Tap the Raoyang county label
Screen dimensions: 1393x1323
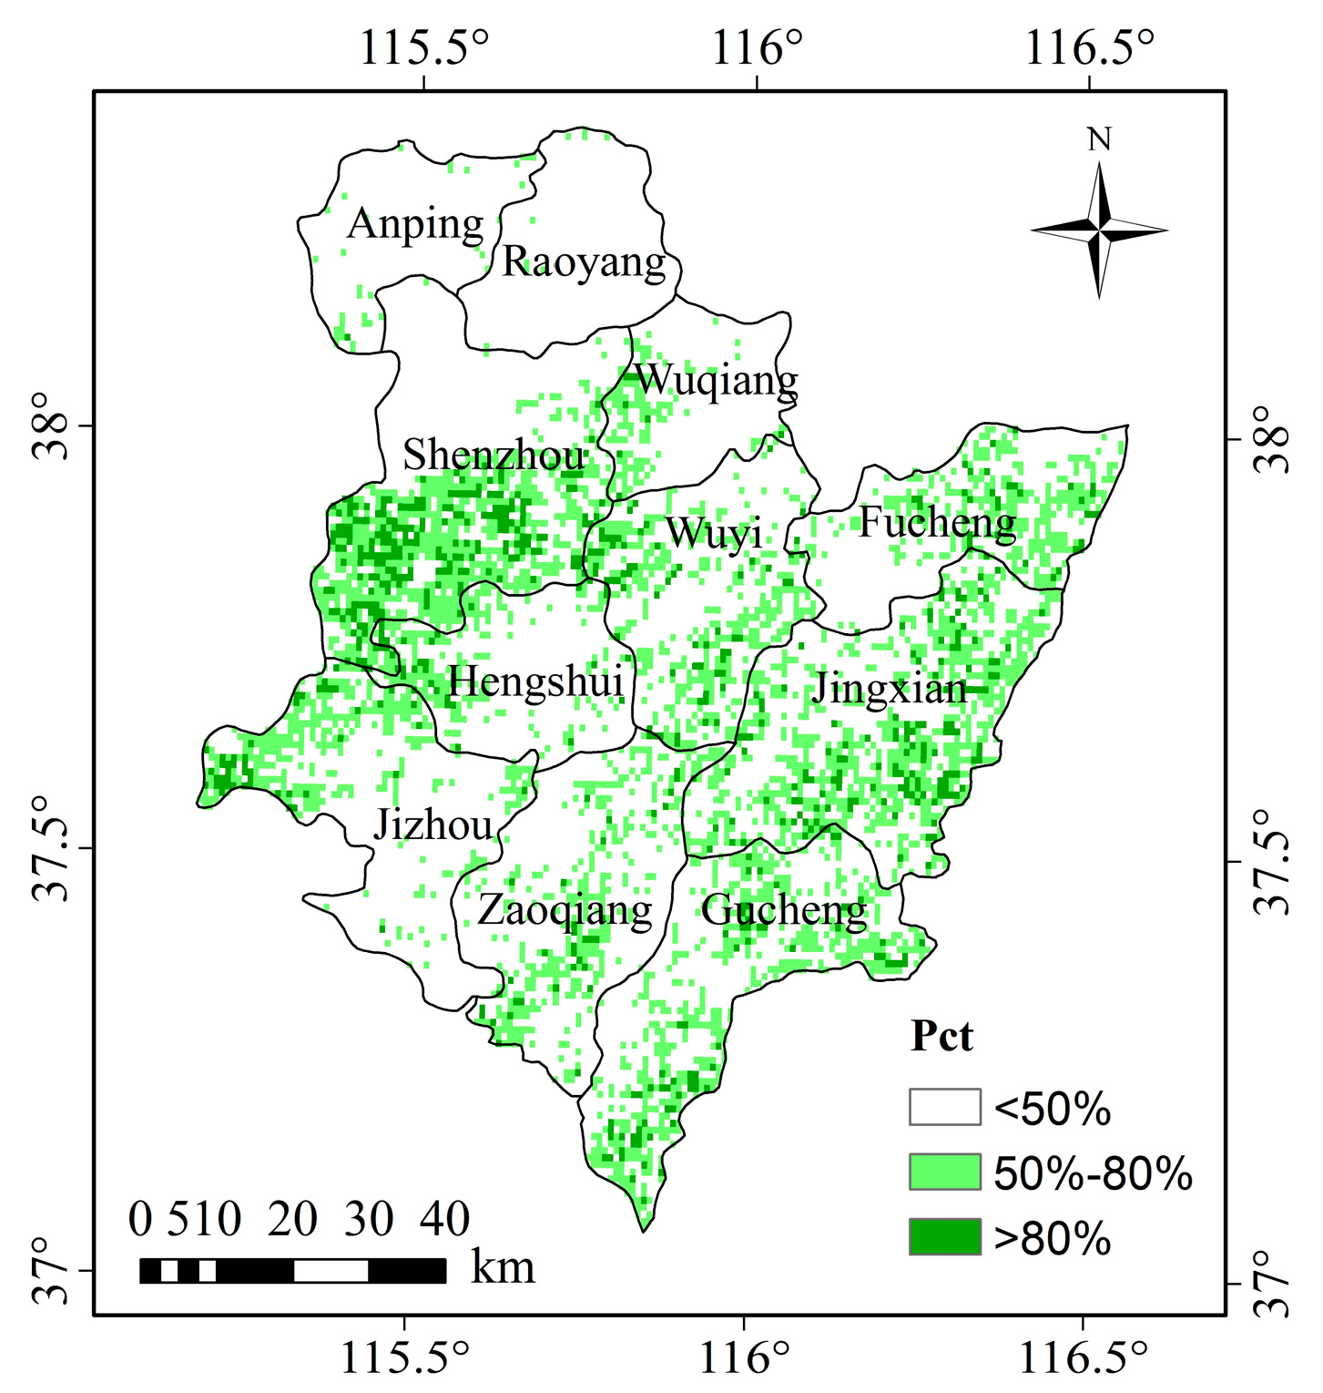pyautogui.click(x=584, y=263)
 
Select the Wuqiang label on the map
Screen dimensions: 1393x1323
pyautogui.click(x=716, y=380)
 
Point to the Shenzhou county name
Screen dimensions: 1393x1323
pyautogui.click(x=494, y=456)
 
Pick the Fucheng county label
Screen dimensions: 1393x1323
pyautogui.click(x=937, y=523)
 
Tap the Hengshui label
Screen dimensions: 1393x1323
pyautogui.click(x=536, y=681)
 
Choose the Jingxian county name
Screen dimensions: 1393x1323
pyautogui.click(x=889, y=689)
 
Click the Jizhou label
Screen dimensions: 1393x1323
pyautogui.click(x=433, y=825)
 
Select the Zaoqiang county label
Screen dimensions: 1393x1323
pyautogui.click(x=565, y=910)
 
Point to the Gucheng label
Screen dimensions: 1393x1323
pyautogui.click(x=783, y=910)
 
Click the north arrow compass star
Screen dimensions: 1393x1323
pyautogui.click(x=1099, y=230)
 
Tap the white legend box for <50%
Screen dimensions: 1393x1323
pyautogui.click(x=944, y=1107)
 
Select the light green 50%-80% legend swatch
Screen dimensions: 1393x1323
pyautogui.click(x=944, y=1172)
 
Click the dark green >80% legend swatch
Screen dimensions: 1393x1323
pyautogui.click(x=944, y=1237)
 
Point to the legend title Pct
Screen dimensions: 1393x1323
pyautogui.click(x=941, y=1037)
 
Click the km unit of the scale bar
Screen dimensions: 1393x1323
pyautogui.click(x=503, y=1267)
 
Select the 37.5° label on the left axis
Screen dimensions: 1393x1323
pyautogui.click(x=53, y=848)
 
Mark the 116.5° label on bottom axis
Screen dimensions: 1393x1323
pyautogui.click(x=1082, y=1359)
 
